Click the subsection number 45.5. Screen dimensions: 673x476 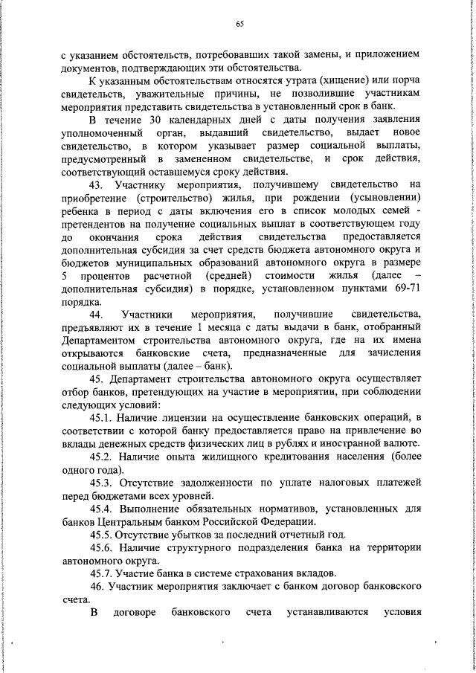pyautogui.click(x=102, y=534)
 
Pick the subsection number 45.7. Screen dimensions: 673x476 pyautogui.click(x=102, y=573)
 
